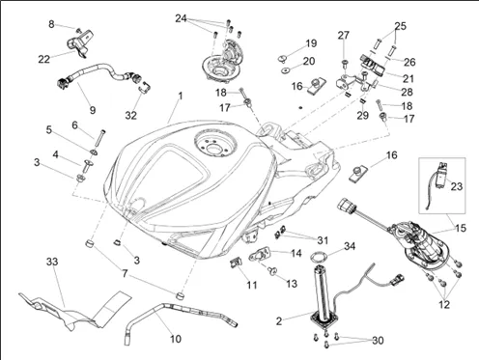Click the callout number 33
(52, 262)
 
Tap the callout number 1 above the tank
(181, 96)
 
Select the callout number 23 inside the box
(457, 186)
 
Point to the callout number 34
(350, 246)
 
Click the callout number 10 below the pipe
(176, 339)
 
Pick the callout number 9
(93, 110)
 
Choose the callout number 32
(131, 115)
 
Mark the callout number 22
(44, 59)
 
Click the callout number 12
(444, 304)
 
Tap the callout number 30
(378, 340)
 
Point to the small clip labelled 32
(145, 87)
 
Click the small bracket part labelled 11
(236, 263)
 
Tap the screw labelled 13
(273, 271)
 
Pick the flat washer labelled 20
(285, 70)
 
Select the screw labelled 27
(345, 63)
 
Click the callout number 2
(279, 320)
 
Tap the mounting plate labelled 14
(260, 254)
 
